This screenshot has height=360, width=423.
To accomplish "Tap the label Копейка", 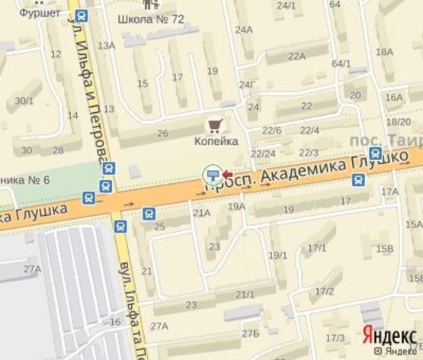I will point(216,141).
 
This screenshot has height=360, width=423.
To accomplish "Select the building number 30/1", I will point(24,100).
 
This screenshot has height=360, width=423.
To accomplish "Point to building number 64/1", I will point(341,63).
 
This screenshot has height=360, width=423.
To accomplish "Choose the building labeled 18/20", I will point(399,121).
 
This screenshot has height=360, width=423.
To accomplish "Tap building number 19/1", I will point(278,255).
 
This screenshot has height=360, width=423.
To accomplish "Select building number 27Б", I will point(250,334).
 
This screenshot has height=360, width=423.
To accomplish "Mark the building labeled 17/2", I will point(324,291).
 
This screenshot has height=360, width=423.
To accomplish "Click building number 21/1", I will point(245,294).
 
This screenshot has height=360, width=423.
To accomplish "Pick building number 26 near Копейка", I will point(162,133).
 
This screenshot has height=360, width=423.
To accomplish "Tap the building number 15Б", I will point(385,249).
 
